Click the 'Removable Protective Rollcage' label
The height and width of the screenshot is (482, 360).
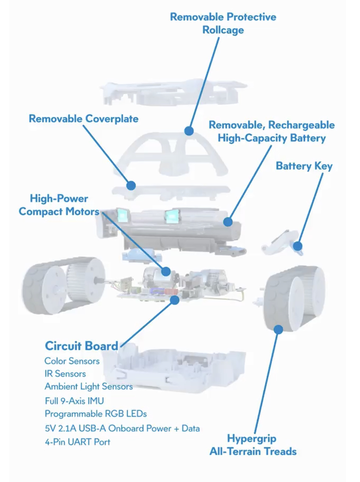point(223,23)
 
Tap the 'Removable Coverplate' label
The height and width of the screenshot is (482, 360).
point(83,119)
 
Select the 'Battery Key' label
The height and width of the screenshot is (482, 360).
point(304,166)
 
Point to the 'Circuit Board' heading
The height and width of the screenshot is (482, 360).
point(81,346)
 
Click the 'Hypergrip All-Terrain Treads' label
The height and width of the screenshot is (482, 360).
point(253,445)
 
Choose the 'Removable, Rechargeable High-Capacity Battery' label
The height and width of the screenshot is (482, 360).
point(271,131)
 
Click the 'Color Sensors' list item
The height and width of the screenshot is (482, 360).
point(72,361)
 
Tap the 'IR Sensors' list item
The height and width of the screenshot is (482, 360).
point(65,373)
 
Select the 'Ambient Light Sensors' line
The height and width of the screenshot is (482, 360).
point(89,387)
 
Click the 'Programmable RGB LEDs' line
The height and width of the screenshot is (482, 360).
point(95,414)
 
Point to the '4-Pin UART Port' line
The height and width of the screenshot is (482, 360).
point(77,442)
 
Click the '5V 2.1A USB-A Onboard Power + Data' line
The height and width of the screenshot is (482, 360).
point(122,428)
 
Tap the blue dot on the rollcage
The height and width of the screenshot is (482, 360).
point(189,130)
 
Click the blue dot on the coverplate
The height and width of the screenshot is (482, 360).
point(131,185)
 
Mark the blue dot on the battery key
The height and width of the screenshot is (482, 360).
point(297,246)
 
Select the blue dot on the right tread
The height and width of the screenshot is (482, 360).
point(278,329)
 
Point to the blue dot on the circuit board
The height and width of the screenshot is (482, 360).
point(174,299)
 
